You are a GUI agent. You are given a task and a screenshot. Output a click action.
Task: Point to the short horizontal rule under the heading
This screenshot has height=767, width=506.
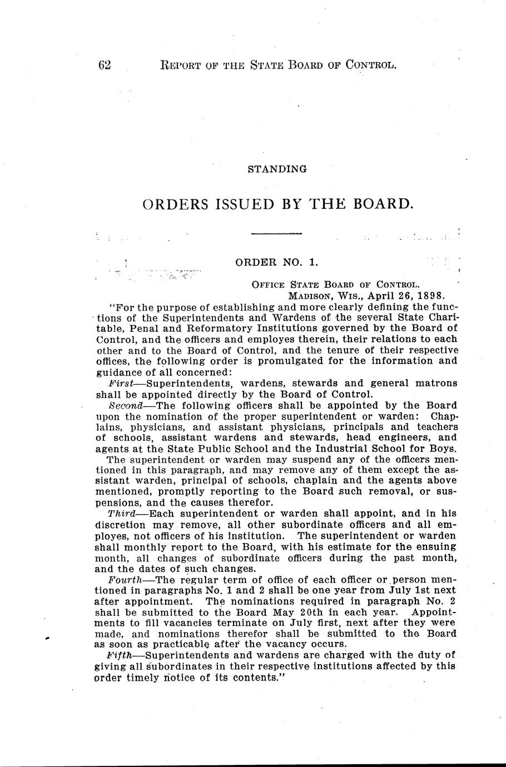[276, 233]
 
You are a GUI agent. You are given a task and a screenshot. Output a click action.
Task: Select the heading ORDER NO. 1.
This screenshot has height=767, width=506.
[276, 261]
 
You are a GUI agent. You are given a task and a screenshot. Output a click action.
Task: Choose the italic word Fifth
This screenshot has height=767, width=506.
[120, 655]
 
